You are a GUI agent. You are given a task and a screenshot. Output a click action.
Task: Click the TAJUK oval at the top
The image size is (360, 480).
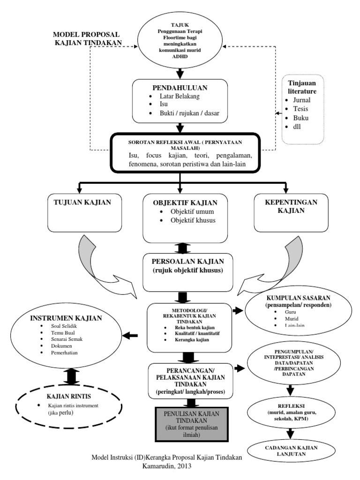pyautogui.click(x=180, y=43)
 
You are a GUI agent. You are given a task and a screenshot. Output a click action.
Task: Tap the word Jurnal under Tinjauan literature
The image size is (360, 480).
pyautogui.click(x=301, y=100)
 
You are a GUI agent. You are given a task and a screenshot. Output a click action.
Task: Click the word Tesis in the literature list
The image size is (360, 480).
pyautogui.click(x=300, y=109)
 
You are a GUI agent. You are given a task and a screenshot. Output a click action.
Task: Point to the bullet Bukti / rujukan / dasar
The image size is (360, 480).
pyautogui.click(x=186, y=113)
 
